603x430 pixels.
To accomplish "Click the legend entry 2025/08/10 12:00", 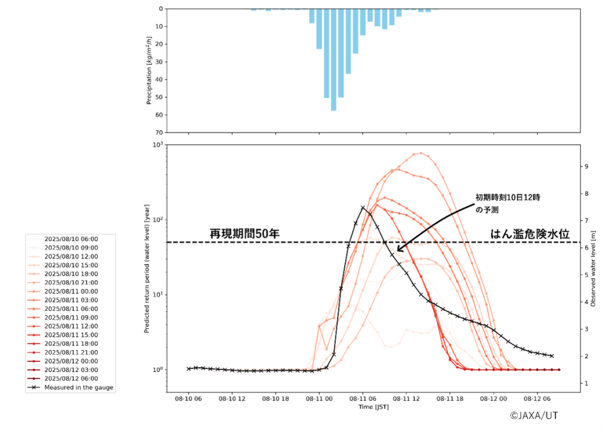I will point(71,256).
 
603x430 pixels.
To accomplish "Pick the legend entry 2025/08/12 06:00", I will point(71,378).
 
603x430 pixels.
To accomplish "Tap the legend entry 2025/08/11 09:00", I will point(71,318).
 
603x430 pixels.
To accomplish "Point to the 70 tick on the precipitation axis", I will point(160,132).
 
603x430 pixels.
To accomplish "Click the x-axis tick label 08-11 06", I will point(362,399).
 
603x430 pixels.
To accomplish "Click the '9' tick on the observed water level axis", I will point(586,166).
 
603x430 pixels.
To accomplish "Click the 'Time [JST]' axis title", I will point(373,407).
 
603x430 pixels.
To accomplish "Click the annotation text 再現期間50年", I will point(244,234).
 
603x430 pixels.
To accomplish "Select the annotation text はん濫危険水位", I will point(530,234).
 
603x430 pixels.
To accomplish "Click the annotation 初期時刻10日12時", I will point(508,198).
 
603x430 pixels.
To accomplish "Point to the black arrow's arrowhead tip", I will point(397,251).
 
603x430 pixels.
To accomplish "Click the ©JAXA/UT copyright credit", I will point(534,415).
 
